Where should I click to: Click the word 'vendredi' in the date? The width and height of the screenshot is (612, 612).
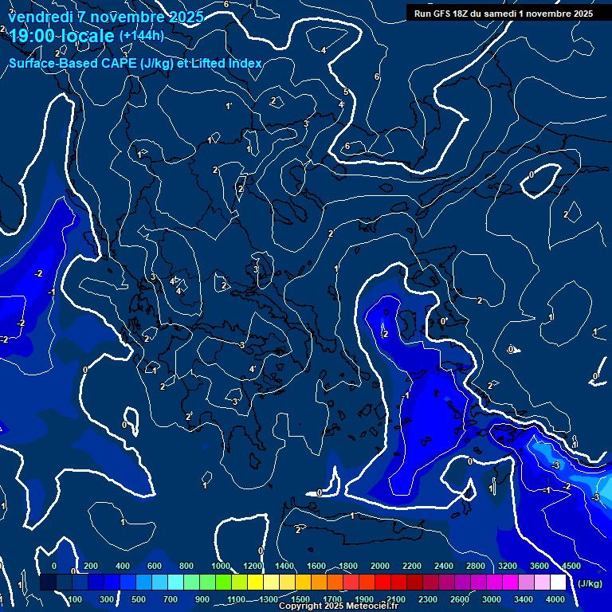pyautogui.click(x=41, y=17)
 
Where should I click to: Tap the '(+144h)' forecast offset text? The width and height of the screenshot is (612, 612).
pyautogui.click(x=141, y=35)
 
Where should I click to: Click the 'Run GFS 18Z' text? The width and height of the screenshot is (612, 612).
pyautogui.click(x=440, y=14)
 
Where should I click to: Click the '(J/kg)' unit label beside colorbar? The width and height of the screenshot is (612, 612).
pyautogui.click(x=590, y=584)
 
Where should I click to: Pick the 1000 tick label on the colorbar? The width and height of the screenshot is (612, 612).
pyautogui.click(x=220, y=566)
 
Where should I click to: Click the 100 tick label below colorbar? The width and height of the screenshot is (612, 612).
pyautogui.click(x=76, y=599)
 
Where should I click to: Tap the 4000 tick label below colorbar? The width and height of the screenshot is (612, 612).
pyautogui.click(x=555, y=599)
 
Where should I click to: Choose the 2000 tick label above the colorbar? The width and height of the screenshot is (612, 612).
pyautogui.click(x=380, y=566)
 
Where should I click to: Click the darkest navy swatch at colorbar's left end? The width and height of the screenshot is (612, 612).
pyautogui.click(x=48, y=583)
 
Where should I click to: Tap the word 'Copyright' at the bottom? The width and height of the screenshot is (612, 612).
pyautogui.click(x=301, y=606)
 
